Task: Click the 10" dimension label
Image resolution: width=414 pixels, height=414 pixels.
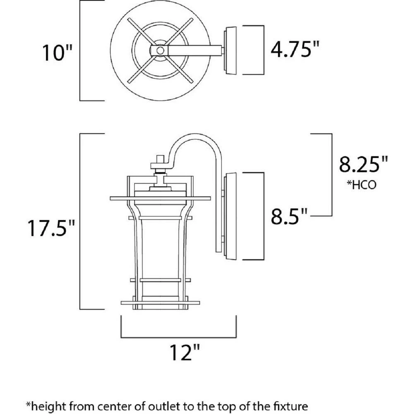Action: point(57,53)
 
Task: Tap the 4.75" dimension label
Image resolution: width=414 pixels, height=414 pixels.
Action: point(295,49)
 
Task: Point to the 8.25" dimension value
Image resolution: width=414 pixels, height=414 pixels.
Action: point(363,164)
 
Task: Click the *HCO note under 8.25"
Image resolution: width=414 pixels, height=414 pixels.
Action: point(361,185)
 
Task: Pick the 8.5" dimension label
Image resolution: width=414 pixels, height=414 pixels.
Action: point(289,216)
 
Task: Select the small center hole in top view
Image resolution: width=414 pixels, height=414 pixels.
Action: point(160,50)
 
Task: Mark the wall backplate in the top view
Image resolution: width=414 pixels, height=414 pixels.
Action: point(230,50)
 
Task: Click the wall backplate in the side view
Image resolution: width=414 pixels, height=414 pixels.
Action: point(230,216)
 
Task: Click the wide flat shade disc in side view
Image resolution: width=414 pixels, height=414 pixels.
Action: point(160,198)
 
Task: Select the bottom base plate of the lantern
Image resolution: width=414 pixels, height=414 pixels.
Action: point(160,303)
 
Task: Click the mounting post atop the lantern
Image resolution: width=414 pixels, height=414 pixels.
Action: point(160,159)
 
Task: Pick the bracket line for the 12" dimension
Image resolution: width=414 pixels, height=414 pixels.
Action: point(178,337)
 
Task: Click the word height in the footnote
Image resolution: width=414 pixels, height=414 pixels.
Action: point(46,406)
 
